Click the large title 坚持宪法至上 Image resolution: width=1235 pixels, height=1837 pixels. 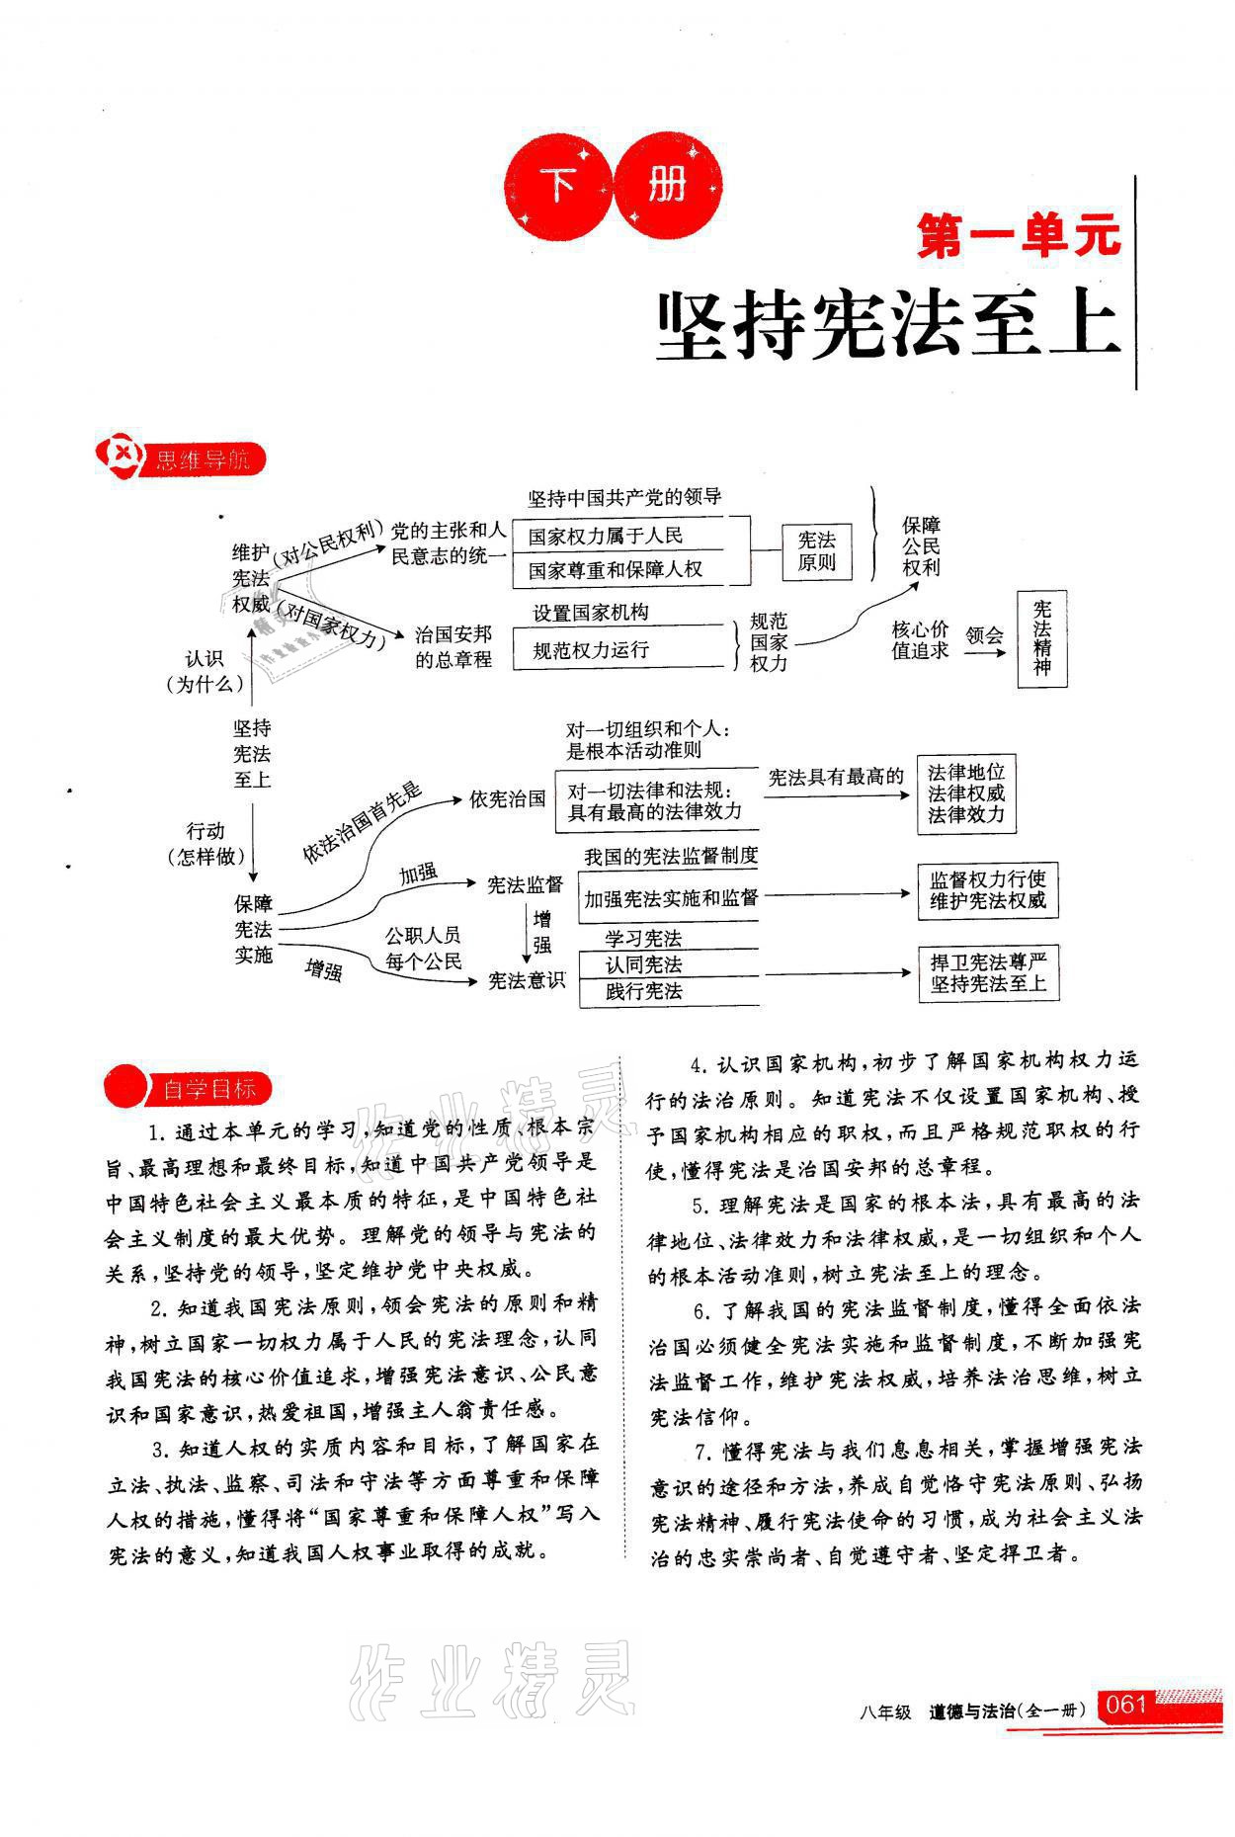click(888, 325)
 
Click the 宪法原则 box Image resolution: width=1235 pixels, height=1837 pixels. click(816, 551)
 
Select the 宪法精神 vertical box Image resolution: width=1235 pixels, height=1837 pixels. click(1042, 639)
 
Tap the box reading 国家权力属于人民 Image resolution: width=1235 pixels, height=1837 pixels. click(605, 537)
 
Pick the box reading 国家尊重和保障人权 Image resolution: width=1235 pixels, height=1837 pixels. click(615, 570)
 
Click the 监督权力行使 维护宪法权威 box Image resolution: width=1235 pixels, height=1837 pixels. click(987, 889)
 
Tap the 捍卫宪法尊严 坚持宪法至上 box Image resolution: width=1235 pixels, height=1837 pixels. click(987, 972)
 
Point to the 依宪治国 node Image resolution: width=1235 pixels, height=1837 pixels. click(507, 798)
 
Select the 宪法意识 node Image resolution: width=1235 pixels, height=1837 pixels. click(526, 979)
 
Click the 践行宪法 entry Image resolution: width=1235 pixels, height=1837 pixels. click(643, 991)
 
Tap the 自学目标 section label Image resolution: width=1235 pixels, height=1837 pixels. click(208, 1090)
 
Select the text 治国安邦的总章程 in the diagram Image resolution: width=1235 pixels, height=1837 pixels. click(453, 647)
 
